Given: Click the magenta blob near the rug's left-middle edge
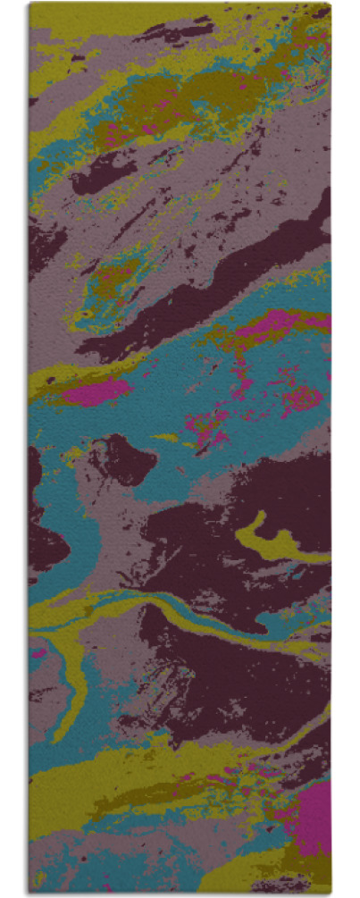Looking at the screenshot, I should (x=94, y=390).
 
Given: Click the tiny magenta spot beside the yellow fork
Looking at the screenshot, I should (x=39, y=653).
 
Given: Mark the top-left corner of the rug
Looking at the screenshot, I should (x=29, y=4).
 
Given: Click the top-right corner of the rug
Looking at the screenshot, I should (x=330, y=4).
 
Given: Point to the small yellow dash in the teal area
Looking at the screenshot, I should (x=165, y=438).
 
